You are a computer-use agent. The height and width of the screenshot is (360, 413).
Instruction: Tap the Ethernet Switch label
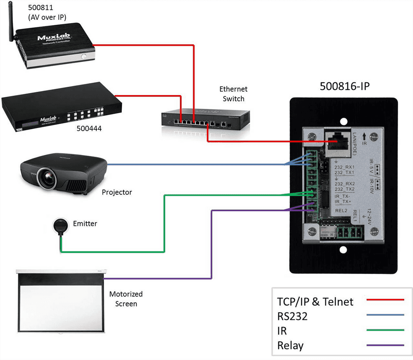click(x=234, y=94)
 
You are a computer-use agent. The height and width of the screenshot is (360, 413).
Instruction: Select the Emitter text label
click(x=85, y=224)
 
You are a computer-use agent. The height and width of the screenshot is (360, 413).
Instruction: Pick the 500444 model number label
click(x=89, y=129)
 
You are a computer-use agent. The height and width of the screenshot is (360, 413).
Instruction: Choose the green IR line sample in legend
click(x=385, y=330)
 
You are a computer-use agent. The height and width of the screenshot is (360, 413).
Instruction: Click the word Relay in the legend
click(x=291, y=345)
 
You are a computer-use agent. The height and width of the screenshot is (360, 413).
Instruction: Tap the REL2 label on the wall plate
click(x=342, y=210)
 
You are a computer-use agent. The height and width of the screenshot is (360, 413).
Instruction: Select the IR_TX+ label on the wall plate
click(x=343, y=202)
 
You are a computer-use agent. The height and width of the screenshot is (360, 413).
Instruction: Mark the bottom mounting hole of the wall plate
click(x=344, y=250)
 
